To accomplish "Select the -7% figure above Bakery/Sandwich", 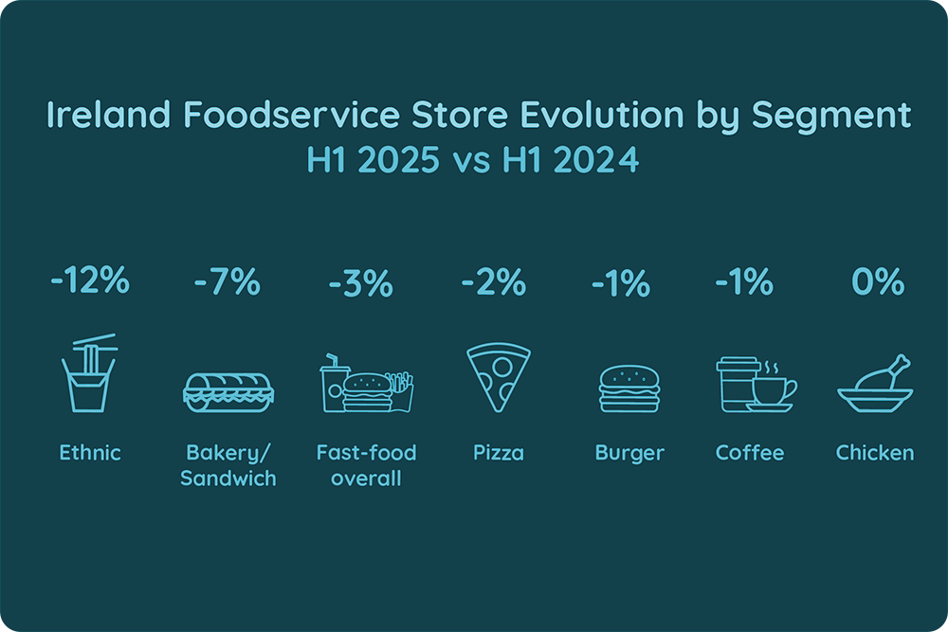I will [228, 282].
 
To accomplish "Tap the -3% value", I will [361, 282].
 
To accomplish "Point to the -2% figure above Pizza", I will [493, 282].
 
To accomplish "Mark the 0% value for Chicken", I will [876, 282].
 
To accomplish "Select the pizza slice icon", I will [497, 378].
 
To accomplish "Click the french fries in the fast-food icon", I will [401, 389].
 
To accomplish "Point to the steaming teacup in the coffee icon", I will [773, 389].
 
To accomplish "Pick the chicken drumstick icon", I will [874, 384].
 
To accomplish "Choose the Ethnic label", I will [90, 453].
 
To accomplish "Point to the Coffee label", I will [750, 453].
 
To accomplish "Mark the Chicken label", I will [875, 453].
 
